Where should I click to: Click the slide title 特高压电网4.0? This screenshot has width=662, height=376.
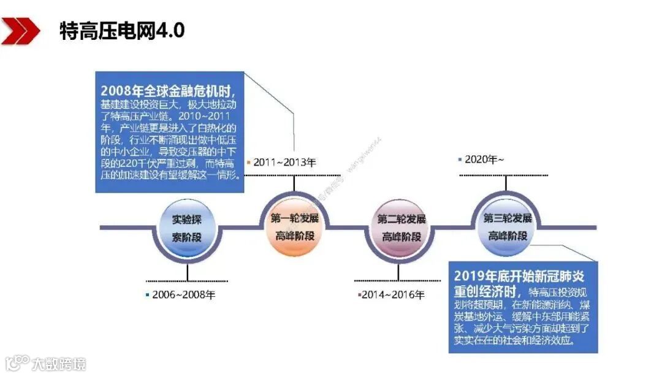[x=122, y=30]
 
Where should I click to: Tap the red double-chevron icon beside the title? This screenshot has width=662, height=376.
[x=20, y=31]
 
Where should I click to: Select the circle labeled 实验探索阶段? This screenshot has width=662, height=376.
[x=186, y=228]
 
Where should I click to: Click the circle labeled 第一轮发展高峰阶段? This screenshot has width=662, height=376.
[x=295, y=227]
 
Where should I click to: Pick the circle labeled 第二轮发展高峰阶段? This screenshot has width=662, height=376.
[x=401, y=228]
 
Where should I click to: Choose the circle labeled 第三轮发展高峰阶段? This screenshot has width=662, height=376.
[x=507, y=227]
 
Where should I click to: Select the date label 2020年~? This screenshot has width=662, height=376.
[x=484, y=159]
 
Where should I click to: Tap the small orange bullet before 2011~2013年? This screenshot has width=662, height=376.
[x=249, y=163]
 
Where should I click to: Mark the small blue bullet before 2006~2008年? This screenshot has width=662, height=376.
[x=148, y=295]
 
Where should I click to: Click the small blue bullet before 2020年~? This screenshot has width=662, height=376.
[x=460, y=159]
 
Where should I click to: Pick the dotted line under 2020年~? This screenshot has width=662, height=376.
[x=506, y=175]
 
